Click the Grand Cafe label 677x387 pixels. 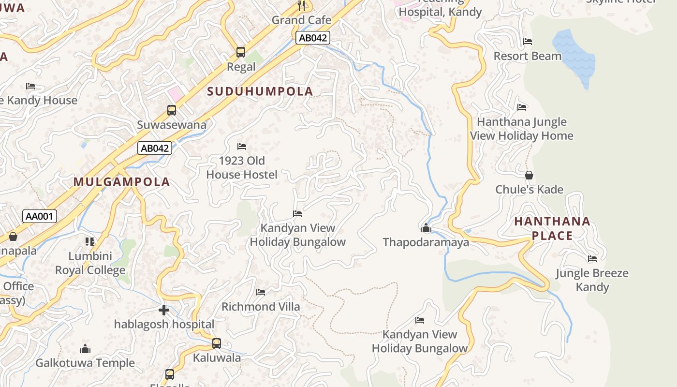pyautogui.click(x=301, y=20)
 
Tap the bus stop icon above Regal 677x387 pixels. pyautogui.click(x=240, y=52)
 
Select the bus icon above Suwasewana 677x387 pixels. pyautogui.click(x=172, y=110)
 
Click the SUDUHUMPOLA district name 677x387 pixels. pyautogui.click(x=260, y=91)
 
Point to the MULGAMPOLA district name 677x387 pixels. pyautogui.click(x=122, y=182)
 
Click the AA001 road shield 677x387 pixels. pyautogui.click(x=40, y=216)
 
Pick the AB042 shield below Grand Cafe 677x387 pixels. pyautogui.click(x=313, y=38)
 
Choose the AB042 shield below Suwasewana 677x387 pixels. pyautogui.click(x=155, y=148)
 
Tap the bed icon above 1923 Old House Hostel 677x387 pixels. pyautogui.click(x=242, y=146)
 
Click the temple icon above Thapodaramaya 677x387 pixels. pyautogui.click(x=426, y=228)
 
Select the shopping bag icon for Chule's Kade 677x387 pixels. pyautogui.click(x=529, y=175)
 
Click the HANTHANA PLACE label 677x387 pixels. pyautogui.click(x=552, y=228)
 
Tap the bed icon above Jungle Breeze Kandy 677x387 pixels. pyautogui.click(x=592, y=259)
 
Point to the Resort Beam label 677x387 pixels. pyautogui.click(x=527, y=56)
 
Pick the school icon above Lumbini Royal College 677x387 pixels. pyautogui.click(x=90, y=241)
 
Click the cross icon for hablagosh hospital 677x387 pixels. pyautogui.click(x=164, y=310)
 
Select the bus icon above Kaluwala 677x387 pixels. pyautogui.click(x=217, y=343)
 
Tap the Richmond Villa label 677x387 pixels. pyautogui.click(x=261, y=307)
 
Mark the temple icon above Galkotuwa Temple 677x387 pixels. pyautogui.click(x=85, y=349)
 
